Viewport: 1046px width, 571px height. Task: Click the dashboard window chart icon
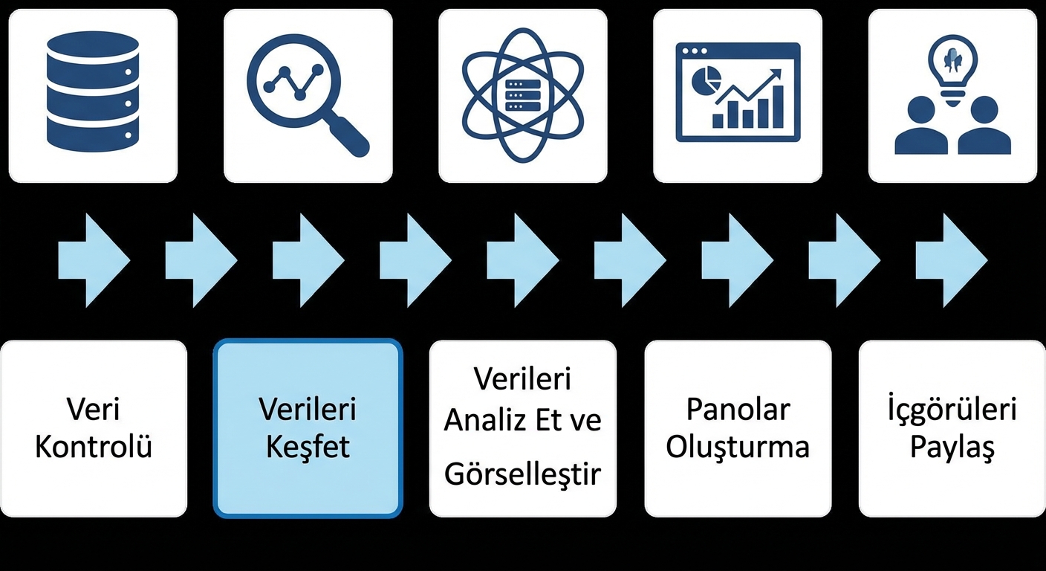[x=738, y=92]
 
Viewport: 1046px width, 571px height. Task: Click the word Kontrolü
[x=94, y=448]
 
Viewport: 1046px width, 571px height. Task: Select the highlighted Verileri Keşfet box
[x=308, y=428]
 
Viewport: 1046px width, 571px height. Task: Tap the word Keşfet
[x=308, y=448]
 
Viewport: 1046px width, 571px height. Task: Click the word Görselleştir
[x=522, y=474]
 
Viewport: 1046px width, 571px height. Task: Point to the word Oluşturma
[x=738, y=448]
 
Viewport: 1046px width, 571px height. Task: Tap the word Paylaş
[x=952, y=448]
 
